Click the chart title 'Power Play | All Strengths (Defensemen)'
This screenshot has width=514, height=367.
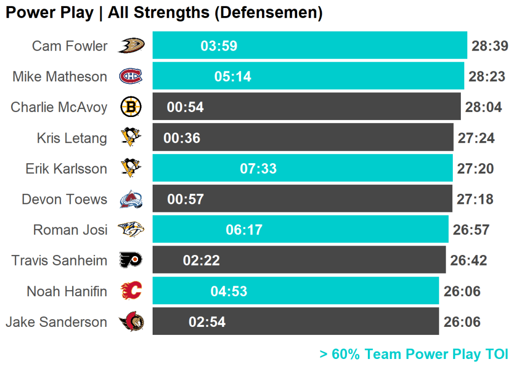coord(164,13)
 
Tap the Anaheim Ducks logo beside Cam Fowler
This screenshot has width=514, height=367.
coord(131,46)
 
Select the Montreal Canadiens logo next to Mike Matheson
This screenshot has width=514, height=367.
coord(131,76)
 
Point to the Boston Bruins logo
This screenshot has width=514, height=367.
coord(131,107)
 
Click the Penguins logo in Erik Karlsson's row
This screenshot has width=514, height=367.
coord(131,168)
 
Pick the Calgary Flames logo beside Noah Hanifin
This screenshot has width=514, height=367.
coord(131,291)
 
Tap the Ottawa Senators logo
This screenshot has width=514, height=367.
coord(131,322)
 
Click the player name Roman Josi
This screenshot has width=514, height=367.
coord(70,230)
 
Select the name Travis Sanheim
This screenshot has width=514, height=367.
coord(59,261)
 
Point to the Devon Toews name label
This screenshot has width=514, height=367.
coord(64,199)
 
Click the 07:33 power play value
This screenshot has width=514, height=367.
coord(258,169)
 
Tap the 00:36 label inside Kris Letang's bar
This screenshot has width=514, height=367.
coord(182,138)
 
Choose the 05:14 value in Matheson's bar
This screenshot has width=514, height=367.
coord(232,77)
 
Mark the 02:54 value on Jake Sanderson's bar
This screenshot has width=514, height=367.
coord(207,322)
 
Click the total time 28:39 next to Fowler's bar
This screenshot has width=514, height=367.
coord(490,46)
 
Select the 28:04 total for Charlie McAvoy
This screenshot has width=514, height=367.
coord(483,107)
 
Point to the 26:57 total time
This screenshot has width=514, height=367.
coord(471,230)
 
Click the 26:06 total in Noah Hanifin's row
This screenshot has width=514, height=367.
coord(462,291)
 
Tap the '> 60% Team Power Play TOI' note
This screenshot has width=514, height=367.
coord(414,354)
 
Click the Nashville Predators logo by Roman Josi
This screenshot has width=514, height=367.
coord(131,230)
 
